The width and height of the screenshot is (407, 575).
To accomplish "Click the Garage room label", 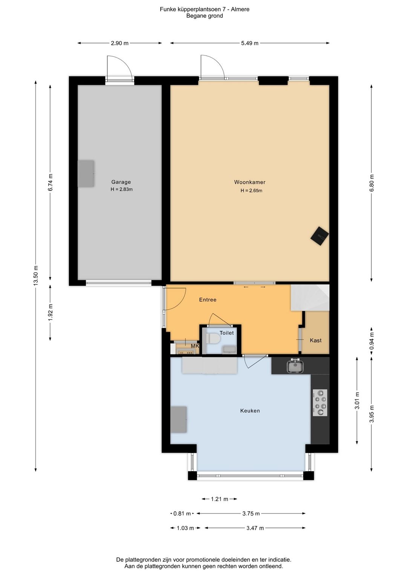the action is [x=121, y=182].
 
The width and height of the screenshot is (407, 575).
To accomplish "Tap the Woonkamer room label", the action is [x=249, y=182].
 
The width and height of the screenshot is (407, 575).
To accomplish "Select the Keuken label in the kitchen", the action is [x=250, y=411].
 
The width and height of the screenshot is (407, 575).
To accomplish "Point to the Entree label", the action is [x=208, y=300].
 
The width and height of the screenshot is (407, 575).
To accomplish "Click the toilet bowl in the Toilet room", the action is [x=213, y=339].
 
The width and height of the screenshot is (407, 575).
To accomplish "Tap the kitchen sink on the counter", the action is [x=295, y=366].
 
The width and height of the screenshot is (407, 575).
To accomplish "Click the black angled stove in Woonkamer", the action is [x=320, y=236].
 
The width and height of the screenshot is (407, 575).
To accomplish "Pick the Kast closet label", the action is [x=315, y=340].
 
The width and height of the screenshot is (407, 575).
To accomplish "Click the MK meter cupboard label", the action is [x=195, y=346].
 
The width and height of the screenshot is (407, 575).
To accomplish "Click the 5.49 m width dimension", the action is [x=249, y=43].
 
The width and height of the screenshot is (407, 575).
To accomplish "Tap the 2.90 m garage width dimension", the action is [x=120, y=43].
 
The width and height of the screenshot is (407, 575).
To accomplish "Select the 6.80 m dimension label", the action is [x=372, y=183].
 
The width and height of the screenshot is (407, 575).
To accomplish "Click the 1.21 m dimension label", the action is [x=219, y=499].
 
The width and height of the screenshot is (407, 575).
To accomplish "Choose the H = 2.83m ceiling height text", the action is [x=121, y=190].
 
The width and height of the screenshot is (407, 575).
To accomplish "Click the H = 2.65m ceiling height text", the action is [x=251, y=190].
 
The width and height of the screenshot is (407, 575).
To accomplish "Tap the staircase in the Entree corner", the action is [x=310, y=298].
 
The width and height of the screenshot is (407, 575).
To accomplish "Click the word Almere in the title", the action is [x=240, y=9].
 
